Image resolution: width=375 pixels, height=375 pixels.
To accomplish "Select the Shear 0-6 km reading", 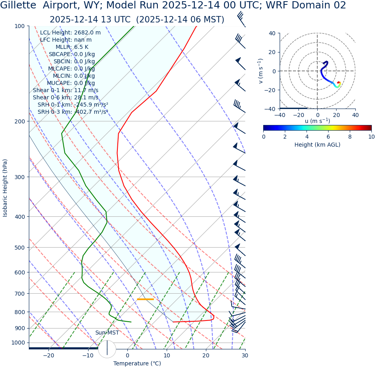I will pyautogui.click(x=65, y=97).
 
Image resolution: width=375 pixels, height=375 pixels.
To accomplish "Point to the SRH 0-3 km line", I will pyautogui.click(x=73, y=112).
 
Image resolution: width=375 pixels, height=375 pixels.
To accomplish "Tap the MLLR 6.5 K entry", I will pyautogui.click(x=72, y=47).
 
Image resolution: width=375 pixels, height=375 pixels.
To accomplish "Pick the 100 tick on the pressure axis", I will pyautogui.click(x=19, y=26).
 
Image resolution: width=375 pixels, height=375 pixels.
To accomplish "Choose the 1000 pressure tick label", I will pyautogui.click(x=18, y=343).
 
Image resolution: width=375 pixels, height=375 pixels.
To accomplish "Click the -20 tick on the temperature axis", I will pyautogui.click(x=48, y=355).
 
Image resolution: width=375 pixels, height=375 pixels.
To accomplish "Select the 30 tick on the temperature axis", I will pyautogui.click(x=245, y=355).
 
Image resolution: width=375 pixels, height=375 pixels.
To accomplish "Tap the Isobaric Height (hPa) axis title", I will pyautogui.click(x=5, y=188).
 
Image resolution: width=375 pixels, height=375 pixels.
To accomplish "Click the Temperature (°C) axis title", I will pyautogui.click(x=137, y=363).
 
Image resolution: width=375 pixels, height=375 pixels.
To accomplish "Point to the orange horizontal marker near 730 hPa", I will pyautogui.click(x=145, y=299).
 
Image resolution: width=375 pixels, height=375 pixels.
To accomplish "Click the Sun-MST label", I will pyautogui.click(x=107, y=333).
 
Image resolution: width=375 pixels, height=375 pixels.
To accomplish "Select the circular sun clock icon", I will pyautogui.click(x=107, y=349).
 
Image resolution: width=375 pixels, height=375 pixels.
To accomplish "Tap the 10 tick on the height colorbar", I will pyautogui.click(x=371, y=137).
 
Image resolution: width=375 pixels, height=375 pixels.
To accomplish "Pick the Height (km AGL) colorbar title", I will pyautogui.click(x=317, y=145).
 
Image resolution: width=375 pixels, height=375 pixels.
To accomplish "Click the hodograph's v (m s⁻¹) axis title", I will pyautogui.click(x=261, y=71).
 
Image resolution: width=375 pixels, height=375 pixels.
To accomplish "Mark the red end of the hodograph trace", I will pyautogui.click(x=339, y=83).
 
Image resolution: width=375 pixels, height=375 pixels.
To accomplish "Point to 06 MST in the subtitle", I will pyautogui.click(x=207, y=20).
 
